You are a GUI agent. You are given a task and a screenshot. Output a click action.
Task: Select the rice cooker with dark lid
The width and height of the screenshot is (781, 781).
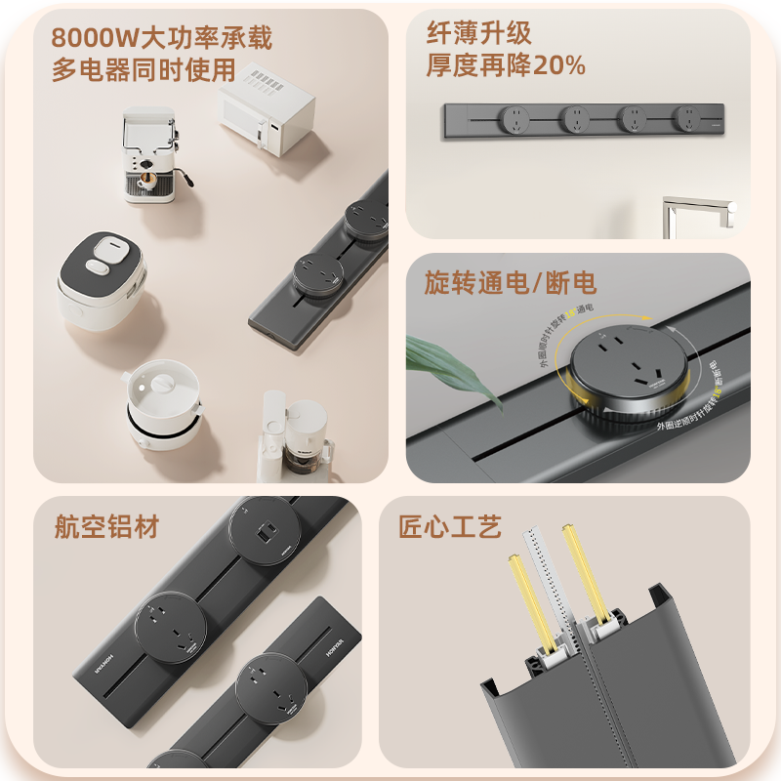[x=101, y=275]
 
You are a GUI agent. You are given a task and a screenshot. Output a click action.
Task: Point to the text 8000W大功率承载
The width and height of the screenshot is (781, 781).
[x=162, y=38]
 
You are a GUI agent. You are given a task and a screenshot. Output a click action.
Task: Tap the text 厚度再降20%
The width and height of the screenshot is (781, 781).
[x=506, y=65]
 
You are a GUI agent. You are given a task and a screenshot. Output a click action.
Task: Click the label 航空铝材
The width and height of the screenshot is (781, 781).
[x=106, y=528]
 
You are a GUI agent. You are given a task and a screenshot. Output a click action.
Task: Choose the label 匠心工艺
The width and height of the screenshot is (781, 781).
[x=450, y=528]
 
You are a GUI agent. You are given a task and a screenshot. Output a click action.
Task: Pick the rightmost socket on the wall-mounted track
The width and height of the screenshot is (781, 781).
[x=687, y=119]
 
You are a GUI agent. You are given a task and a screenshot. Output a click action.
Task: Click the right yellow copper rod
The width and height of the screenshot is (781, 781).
[x=583, y=576]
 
